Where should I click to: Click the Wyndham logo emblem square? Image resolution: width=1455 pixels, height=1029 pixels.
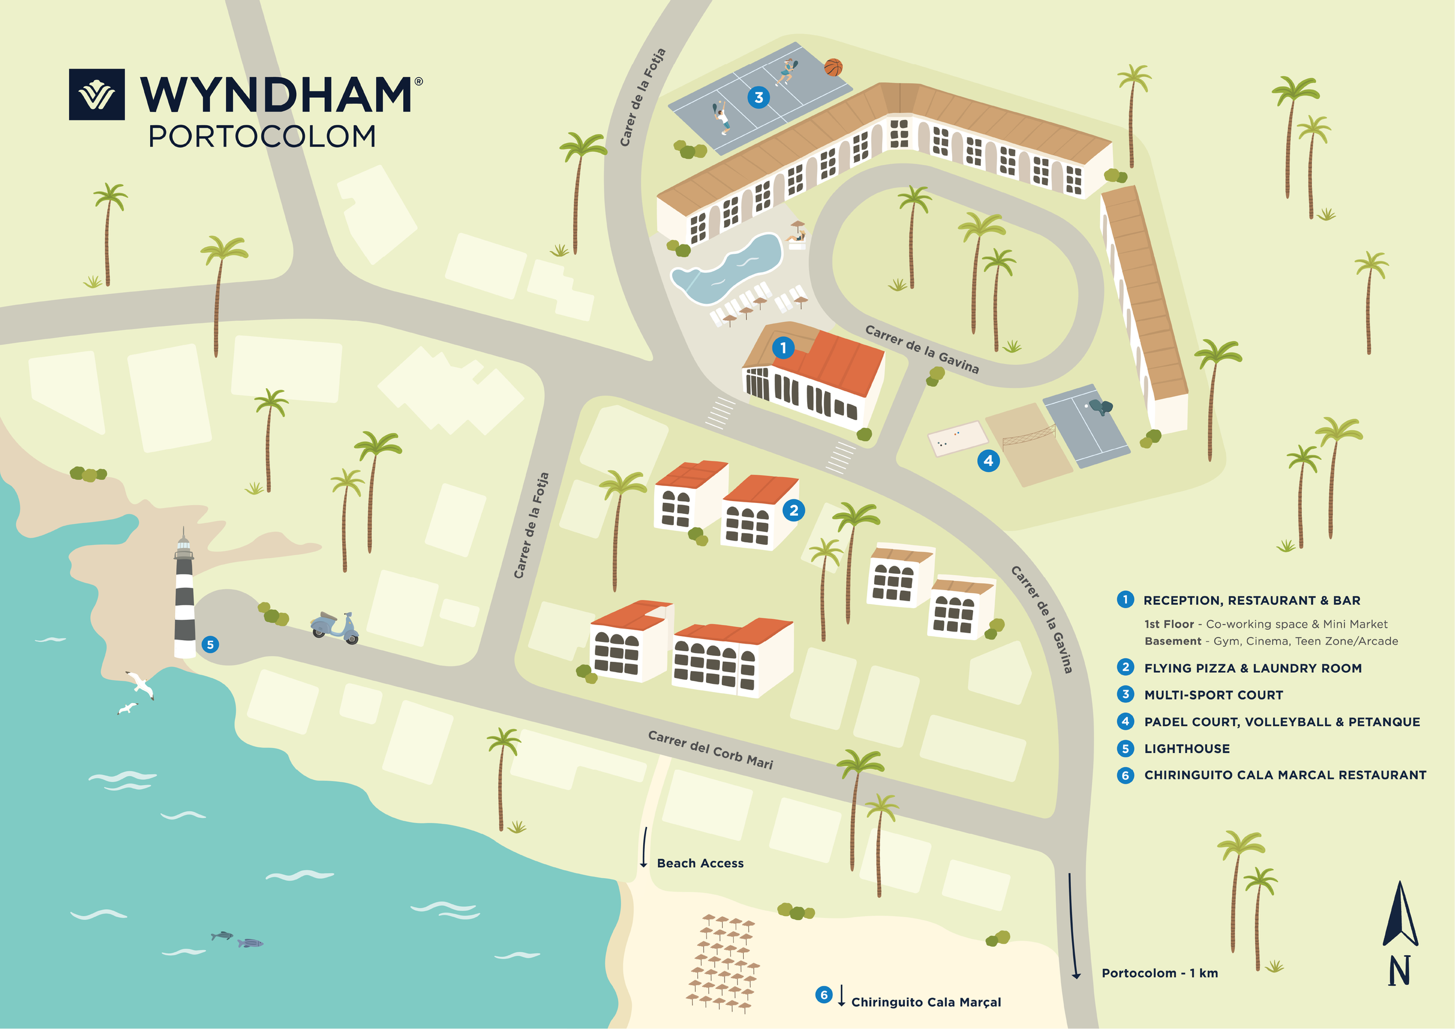click(x=97, y=94)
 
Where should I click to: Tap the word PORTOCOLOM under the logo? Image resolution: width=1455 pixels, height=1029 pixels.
click(x=262, y=137)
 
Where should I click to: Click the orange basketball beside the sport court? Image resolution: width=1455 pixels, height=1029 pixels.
click(x=833, y=67)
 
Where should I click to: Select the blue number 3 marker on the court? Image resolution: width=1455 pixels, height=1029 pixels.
click(x=758, y=98)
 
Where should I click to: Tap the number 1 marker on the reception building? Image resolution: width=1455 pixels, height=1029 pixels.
click(x=783, y=348)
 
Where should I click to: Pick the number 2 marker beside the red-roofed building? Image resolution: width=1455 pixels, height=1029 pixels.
click(x=793, y=510)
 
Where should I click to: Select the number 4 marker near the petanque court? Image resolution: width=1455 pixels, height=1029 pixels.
click(x=988, y=460)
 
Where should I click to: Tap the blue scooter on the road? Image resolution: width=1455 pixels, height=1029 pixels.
click(x=335, y=627)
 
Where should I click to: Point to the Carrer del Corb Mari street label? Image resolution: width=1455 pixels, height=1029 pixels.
click(x=710, y=750)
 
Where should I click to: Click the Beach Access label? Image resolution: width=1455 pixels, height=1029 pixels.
click(x=700, y=863)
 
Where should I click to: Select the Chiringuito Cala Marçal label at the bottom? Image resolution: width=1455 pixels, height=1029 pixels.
click(x=925, y=1002)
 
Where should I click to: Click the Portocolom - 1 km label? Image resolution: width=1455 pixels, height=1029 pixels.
click(x=1159, y=973)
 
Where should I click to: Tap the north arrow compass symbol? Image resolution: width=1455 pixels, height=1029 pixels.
click(x=1399, y=931)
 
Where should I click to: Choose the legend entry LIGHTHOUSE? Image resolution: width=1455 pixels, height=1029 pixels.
click(x=1186, y=749)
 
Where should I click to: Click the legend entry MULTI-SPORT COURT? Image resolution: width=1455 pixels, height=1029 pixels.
click(x=1213, y=695)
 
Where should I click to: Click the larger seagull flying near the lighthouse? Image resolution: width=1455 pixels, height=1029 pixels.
click(x=140, y=684)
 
